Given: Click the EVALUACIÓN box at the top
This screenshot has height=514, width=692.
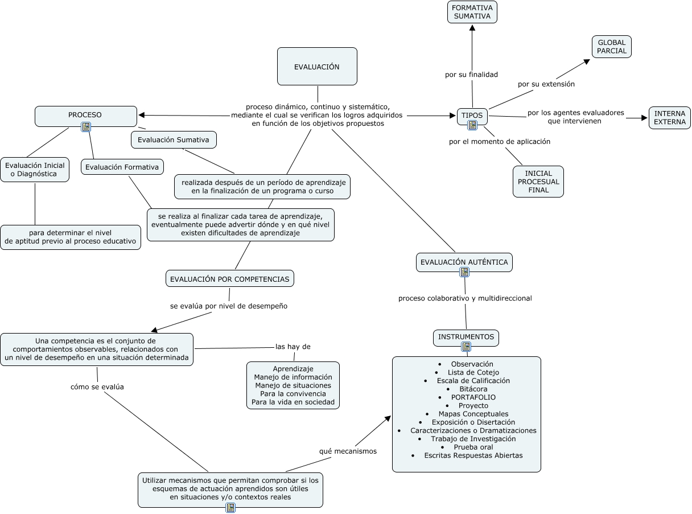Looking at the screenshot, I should click(x=317, y=67).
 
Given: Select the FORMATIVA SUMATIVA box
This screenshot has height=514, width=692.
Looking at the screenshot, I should click(x=472, y=12).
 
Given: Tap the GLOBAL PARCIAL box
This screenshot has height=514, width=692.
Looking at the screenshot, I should click(x=611, y=47).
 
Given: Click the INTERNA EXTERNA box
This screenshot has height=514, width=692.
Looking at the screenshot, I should click(x=669, y=118).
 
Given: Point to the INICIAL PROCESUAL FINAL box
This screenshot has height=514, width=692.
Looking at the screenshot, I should click(x=538, y=182).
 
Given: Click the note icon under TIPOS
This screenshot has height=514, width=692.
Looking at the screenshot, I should click(x=472, y=126).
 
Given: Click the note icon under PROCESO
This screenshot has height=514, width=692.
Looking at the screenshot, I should click(x=86, y=127).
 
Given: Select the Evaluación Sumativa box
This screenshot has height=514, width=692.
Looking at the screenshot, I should click(x=174, y=139).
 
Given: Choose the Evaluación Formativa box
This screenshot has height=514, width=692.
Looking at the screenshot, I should click(x=122, y=167).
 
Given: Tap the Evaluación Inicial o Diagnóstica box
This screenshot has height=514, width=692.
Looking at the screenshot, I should click(x=35, y=170).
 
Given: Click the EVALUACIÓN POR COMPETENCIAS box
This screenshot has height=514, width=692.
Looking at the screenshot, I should click(x=230, y=279).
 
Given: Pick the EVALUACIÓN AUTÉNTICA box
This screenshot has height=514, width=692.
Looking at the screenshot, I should click(x=464, y=262).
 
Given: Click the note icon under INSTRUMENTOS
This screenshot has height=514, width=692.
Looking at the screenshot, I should click(x=466, y=347).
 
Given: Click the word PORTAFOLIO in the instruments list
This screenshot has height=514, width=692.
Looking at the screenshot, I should click(x=473, y=397).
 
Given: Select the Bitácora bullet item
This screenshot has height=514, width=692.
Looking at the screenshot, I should click(x=473, y=389).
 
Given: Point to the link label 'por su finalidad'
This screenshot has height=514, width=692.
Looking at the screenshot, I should click(x=471, y=75).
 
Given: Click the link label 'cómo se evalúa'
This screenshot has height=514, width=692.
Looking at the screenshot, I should click(x=97, y=386).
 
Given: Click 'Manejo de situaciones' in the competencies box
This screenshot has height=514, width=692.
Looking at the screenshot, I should click(x=293, y=385).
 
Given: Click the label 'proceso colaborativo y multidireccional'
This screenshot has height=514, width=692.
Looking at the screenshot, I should click(x=465, y=298).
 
